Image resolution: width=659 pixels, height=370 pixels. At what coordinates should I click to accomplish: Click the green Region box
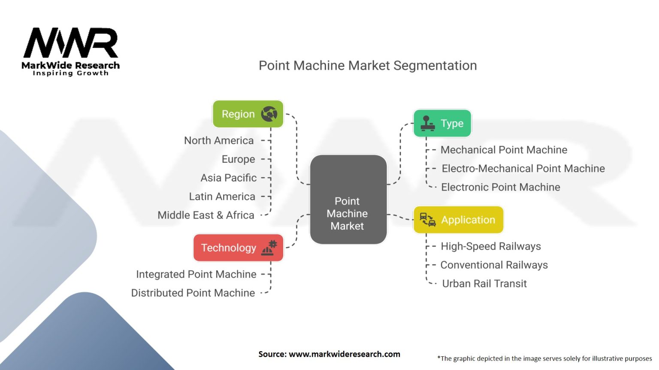(x=248, y=114)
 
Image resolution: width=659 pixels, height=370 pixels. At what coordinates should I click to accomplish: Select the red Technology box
(x=238, y=248)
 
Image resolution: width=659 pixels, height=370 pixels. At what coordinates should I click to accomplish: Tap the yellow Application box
(x=458, y=220)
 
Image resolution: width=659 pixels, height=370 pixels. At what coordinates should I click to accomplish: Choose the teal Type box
(x=442, y=123)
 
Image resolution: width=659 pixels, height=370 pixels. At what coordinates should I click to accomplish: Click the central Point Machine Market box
(x=348, y=200)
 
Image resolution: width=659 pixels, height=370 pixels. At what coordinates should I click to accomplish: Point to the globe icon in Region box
(x=269, y=113)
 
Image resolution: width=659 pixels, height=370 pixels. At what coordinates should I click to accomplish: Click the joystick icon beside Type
(x=427, y=123)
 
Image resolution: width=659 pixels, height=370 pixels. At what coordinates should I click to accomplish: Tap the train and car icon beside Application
(x=428, y=220)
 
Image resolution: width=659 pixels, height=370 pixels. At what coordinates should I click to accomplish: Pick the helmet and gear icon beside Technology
(x=269, y=248)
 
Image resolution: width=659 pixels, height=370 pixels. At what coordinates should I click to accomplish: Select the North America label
(x=219, y=140)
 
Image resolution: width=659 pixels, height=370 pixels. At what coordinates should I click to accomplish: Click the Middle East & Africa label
(x=206, y=215)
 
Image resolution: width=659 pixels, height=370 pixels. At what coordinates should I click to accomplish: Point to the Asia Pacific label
(x=229, y=178)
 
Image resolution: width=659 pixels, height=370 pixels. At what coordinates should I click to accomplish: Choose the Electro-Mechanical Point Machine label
(x=523, y=169)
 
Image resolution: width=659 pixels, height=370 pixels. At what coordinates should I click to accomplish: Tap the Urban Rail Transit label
(x=484, y=283)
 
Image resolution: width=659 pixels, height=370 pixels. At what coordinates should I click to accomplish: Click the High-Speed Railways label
(x=491, y=246)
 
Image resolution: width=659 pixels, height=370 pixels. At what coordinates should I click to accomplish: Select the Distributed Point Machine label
(x=193, y=293)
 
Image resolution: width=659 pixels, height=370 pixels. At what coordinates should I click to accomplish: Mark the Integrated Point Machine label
(x=196, y=274)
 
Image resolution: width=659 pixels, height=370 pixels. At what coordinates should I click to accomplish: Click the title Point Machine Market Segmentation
(x=368, y=66)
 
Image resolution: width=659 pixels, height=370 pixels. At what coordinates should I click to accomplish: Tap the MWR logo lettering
(x=71, y=42)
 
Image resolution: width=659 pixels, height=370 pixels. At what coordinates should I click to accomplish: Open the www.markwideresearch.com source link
(x=345, y=354)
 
